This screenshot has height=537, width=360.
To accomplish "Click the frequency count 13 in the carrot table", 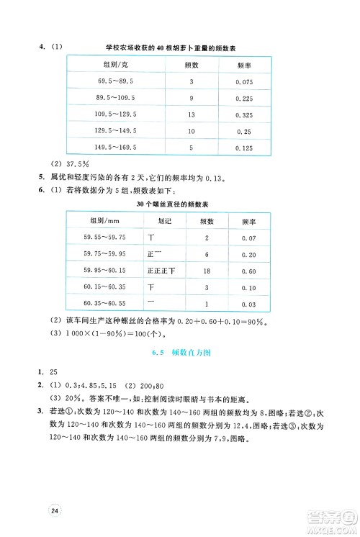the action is (192, 114).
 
